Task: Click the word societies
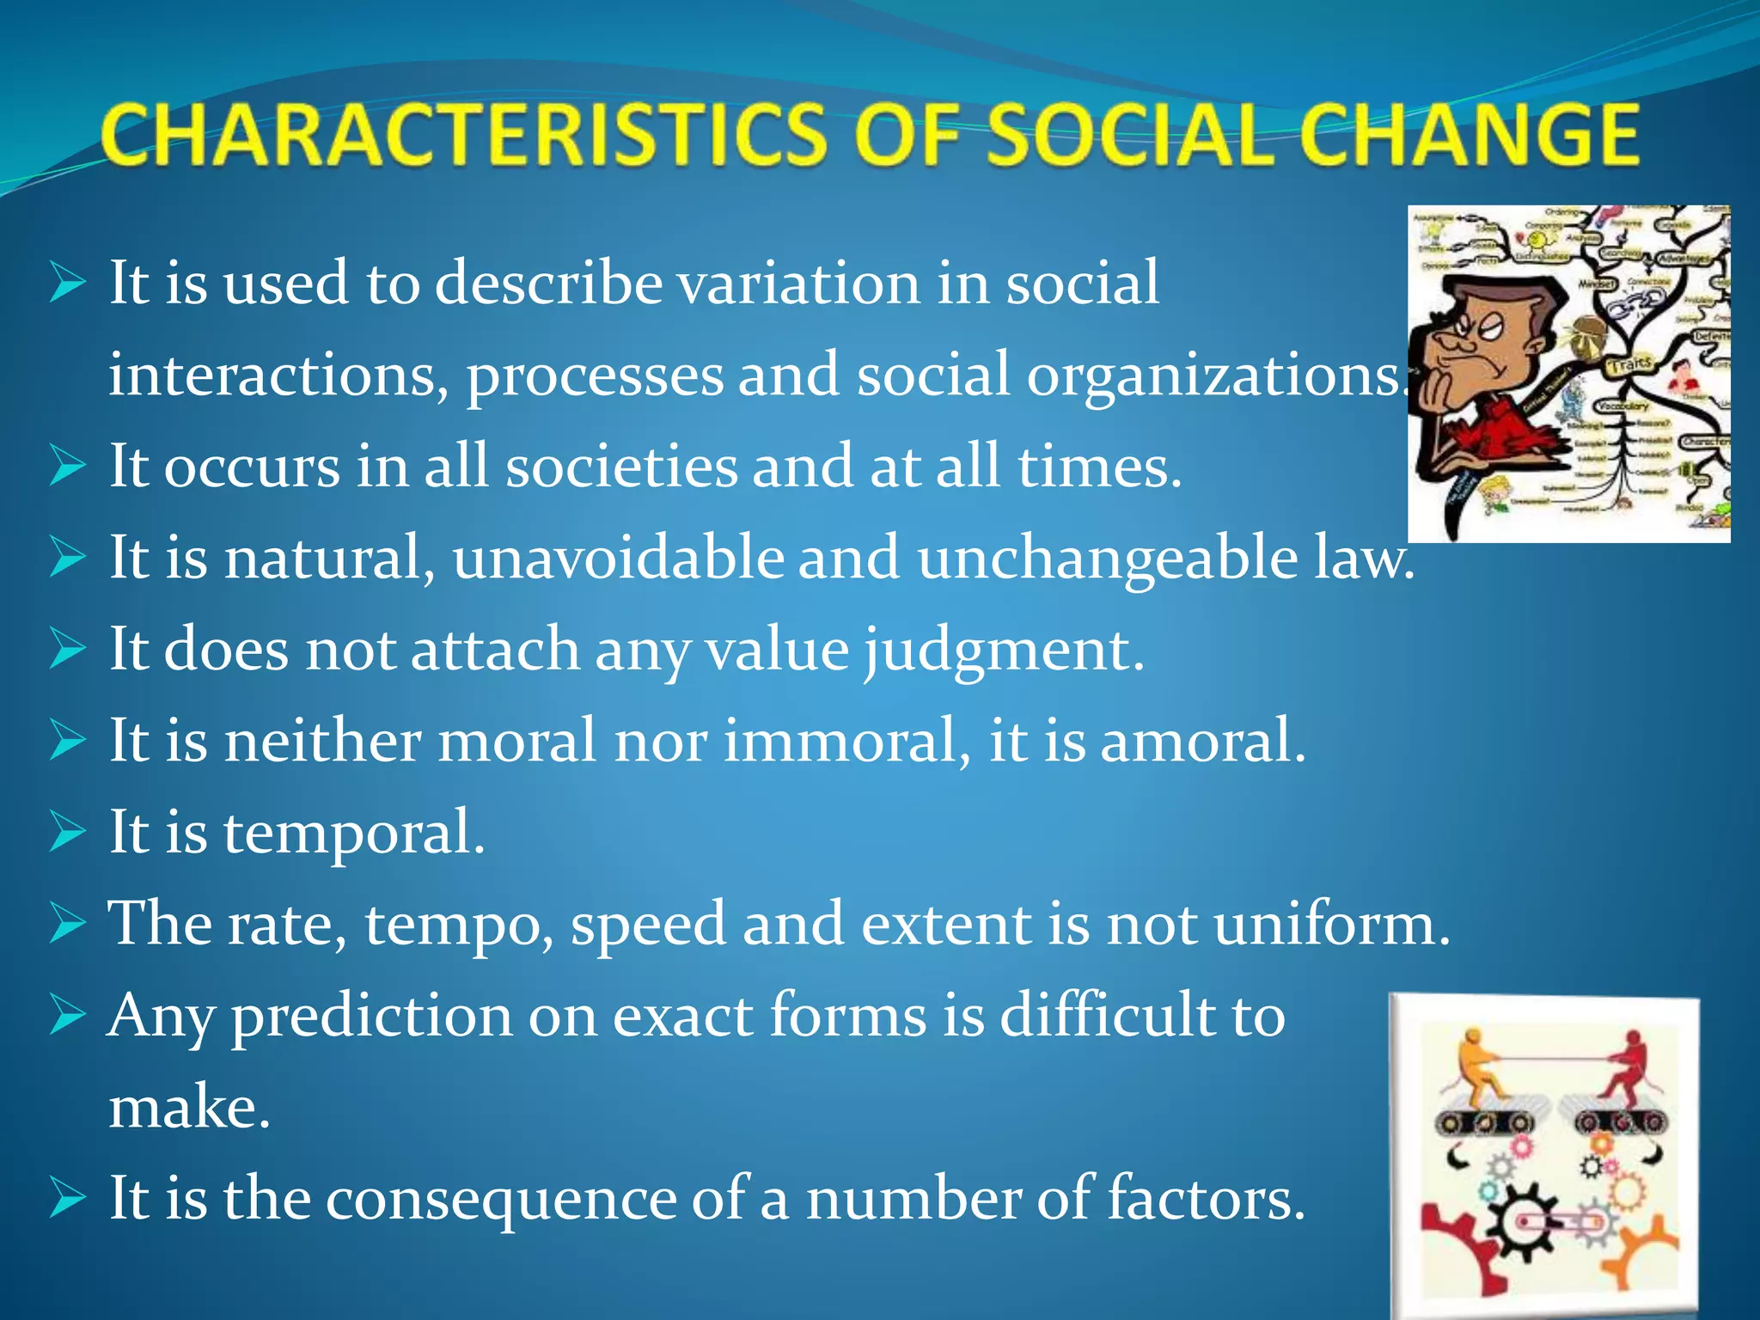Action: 620,467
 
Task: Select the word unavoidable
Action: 618,559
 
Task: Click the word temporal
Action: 353,834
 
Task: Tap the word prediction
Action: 371,1017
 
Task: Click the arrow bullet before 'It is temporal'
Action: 68,832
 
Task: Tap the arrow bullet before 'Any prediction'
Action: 68,1015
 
